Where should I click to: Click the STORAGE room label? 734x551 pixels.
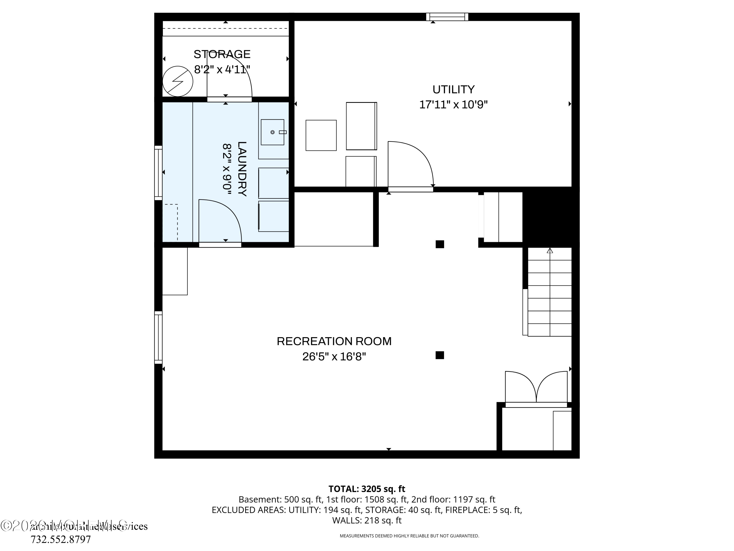coord(222,54)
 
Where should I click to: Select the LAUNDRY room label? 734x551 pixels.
coord(242,169)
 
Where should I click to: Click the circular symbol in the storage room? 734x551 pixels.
coord(178,81)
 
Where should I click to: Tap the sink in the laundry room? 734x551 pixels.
coord(272,132)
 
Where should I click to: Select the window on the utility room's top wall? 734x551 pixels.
coord(447,17)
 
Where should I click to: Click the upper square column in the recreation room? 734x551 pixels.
coord(440,244)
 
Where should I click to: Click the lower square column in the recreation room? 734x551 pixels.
coord(440,355)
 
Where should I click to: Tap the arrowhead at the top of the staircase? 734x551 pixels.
coord(550,251)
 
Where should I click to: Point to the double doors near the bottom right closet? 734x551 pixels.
coord(536,388)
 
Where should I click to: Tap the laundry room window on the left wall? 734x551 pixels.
coord(158,173)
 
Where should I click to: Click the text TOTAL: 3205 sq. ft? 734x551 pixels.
coord(367,489)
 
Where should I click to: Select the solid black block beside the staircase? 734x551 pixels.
coord(551,217)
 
